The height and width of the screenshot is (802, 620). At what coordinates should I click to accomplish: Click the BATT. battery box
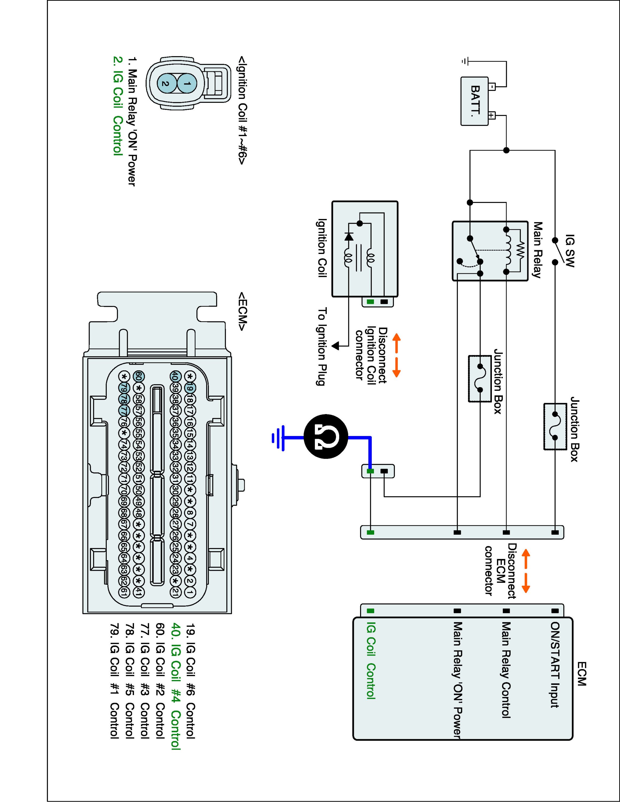(x=474, y=101)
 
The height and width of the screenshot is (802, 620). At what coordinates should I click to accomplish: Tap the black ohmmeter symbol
(x=326, y=437)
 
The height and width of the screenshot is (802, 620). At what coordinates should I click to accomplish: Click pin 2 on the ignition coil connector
(x=166, y=84)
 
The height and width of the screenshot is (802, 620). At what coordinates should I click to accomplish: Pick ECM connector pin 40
(x=175, y=376)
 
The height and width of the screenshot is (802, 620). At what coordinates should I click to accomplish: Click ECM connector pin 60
(x=139, y=376)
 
